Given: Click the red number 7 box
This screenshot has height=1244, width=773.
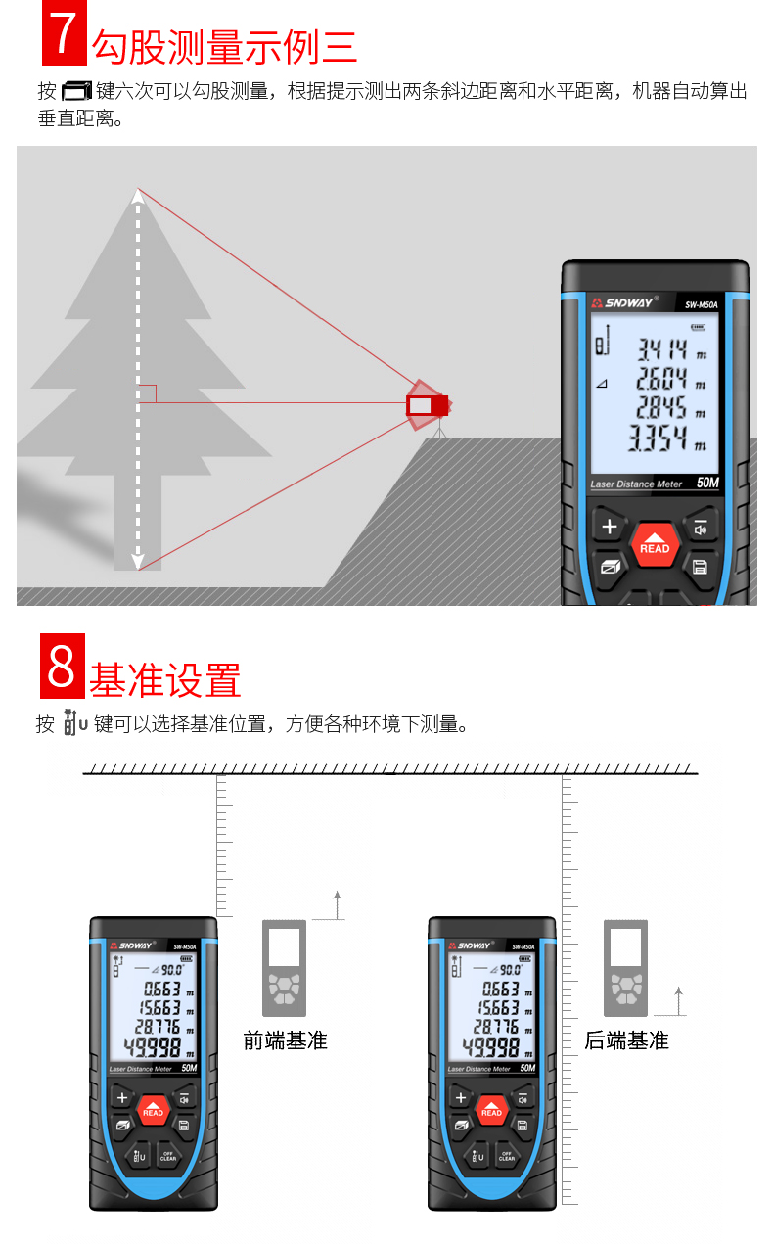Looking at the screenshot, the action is point(64,32).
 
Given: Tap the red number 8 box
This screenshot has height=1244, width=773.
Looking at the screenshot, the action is point(63,666).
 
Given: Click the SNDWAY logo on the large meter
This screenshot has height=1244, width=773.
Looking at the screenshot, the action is point(624,303).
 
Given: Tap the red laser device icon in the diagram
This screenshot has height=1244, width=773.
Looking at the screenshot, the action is point(427,405).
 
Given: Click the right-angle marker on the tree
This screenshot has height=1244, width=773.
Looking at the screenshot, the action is point(147,393).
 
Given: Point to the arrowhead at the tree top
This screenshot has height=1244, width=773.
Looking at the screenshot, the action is point(138,196).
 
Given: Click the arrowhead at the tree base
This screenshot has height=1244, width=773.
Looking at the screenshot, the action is point(138,562).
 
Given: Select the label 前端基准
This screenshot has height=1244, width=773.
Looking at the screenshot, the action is point(286,1040).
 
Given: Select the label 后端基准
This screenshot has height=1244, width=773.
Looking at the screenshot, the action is point(626,1040).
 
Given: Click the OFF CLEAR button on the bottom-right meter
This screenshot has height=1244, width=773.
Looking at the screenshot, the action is point(507,1156).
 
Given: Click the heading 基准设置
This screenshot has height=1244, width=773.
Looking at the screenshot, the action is point(165,680).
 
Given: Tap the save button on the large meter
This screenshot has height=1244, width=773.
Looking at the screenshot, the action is point(700,567).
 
